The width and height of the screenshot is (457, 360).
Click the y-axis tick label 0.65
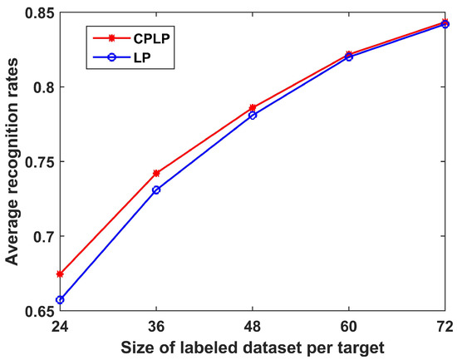[x=37, y=311]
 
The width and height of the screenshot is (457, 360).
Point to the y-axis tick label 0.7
[x=42, y=236]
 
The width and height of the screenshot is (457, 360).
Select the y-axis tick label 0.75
[x=37, y=161]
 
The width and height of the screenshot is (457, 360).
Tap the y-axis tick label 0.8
[x=42, y=86]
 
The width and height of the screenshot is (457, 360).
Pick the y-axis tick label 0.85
[x=37, y=12]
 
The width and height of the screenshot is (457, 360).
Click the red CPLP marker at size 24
[x=60, y=274]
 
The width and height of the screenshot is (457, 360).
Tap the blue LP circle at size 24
[x=60, y=299]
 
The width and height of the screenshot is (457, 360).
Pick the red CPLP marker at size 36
[x=156, y=173]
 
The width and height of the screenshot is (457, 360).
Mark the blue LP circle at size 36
[x=156, y=190]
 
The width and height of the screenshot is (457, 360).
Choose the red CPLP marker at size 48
[x=253, y=107]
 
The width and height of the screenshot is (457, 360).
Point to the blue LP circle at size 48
[x=253, y=115]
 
